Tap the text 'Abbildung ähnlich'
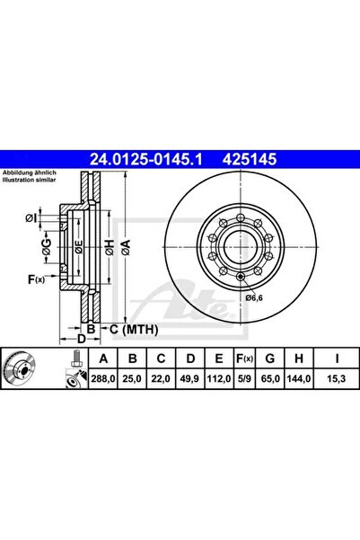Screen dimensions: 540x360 click(31, 173)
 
